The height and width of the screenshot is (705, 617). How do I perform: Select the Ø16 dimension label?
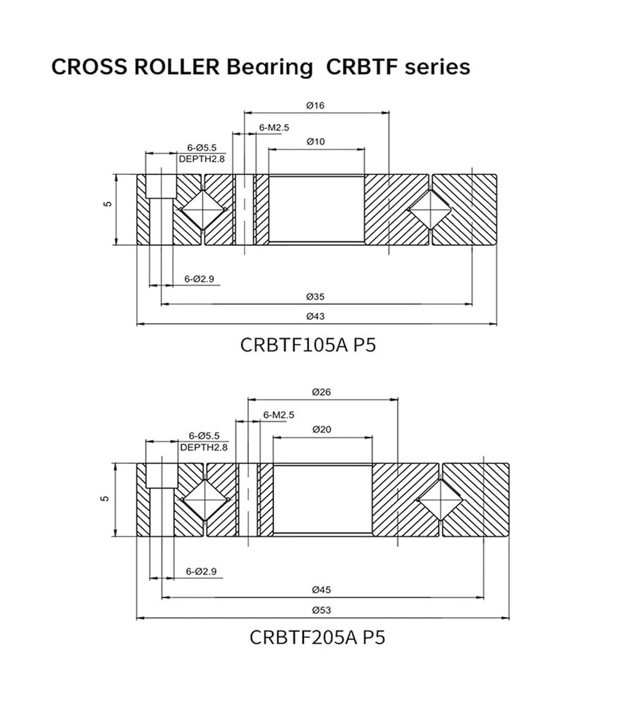click(x=315, y=105)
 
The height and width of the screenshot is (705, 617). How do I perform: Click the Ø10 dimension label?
click(x=315, y=142)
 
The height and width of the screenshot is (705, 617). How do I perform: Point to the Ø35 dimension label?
click(x=315, y=296)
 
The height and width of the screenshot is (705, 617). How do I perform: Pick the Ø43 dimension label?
click(x=315, y=316)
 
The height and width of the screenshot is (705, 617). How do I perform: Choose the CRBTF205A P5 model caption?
click(x=317, y=637)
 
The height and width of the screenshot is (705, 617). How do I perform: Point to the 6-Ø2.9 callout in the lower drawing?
click(x=201, y=570)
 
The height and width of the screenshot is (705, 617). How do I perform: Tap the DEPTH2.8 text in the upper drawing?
click(x=202, y=159)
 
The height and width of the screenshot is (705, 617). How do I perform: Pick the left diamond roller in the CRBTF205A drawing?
click(x=204, y=499)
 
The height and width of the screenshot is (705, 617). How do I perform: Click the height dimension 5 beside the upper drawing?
click(x=106, y=204)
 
